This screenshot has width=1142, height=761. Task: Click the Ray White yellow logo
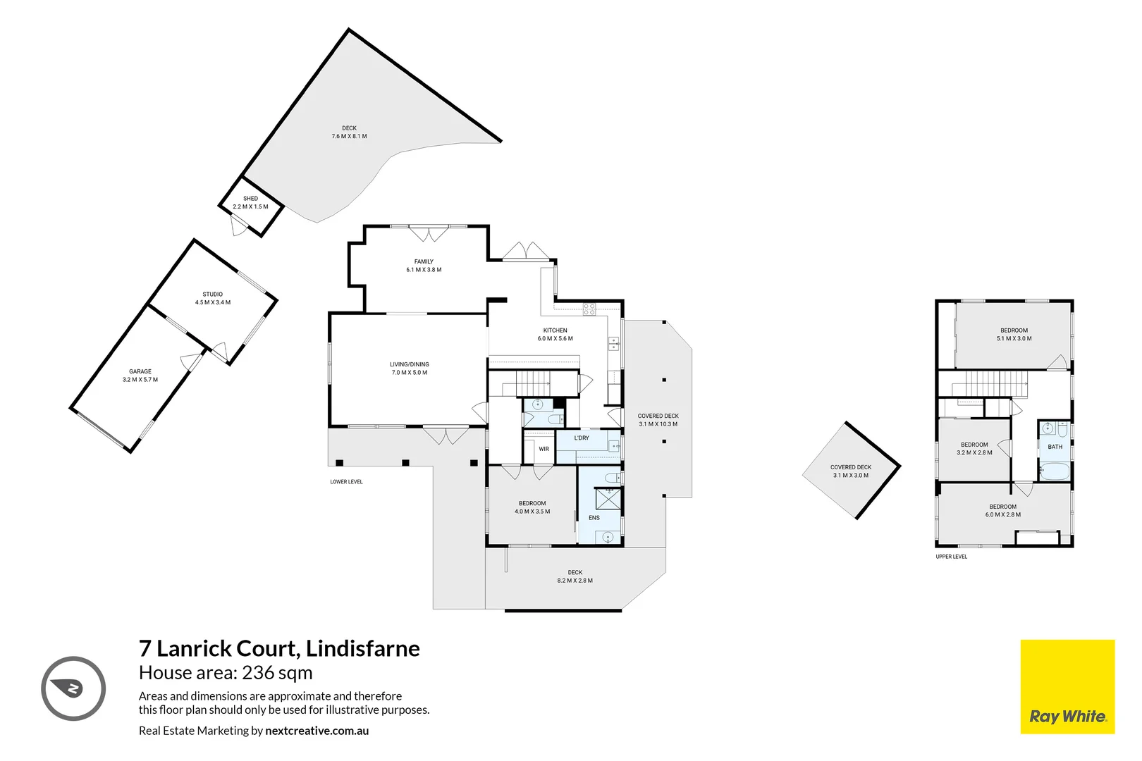[x=1067, y=686]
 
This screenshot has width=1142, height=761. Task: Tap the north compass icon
[x=73, y=688]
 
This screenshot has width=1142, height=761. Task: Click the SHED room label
[x=250, y=199]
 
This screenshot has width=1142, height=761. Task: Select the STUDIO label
[x=213, y=295]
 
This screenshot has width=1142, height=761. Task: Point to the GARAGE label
[x=140, y=371]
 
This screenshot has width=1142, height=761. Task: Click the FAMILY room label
[x=424, y=261]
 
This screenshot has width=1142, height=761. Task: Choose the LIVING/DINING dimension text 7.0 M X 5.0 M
[x=410, y=373]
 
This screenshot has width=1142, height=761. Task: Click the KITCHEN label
[x=555, y=330]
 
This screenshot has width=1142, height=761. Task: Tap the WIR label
[x=544, y=449]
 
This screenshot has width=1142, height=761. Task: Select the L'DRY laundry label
[x=582, y=438]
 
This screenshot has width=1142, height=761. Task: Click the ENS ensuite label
[x=594, y=518]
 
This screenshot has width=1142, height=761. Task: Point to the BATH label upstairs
[x=1055, y=447]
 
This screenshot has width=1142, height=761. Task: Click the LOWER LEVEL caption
[x=346, y=482]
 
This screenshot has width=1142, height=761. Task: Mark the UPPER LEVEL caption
[x=951, y=557]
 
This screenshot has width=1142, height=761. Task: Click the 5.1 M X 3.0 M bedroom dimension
[x=1014, y=339]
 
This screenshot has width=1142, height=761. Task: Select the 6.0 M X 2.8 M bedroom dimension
[x=1002, y=515]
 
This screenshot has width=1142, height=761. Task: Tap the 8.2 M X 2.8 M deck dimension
[x=575, y=581]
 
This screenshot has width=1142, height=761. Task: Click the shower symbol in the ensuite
[x=608, y=498]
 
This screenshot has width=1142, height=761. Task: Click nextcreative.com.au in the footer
[x=317, y=731]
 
